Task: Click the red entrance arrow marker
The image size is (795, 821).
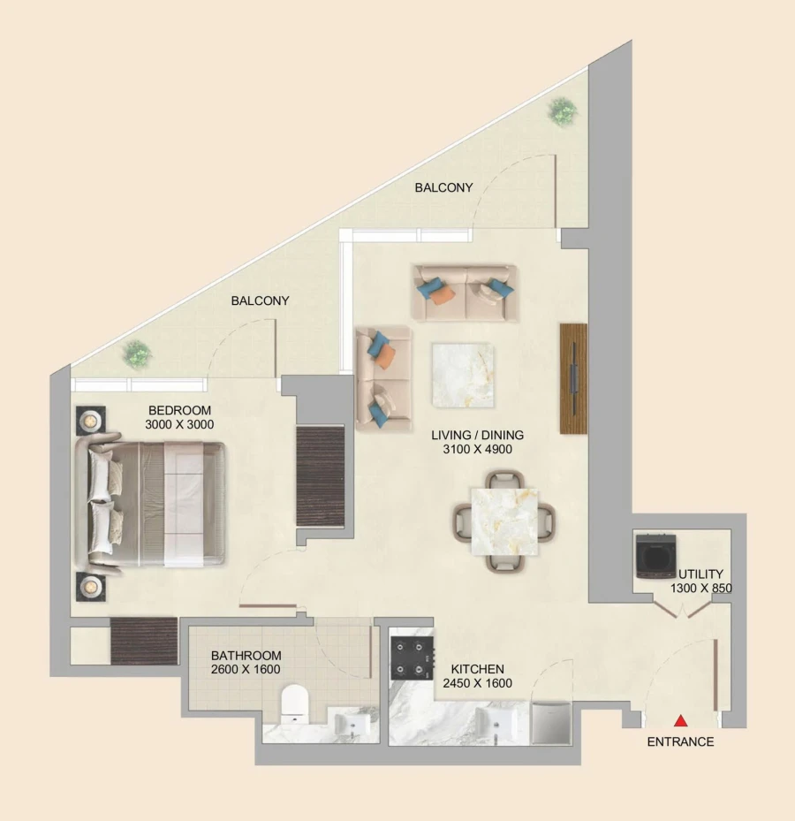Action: (680, 721)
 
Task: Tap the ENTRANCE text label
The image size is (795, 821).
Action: (680, 742)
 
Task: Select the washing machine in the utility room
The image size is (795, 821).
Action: (655, 556)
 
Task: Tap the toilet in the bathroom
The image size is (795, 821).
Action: (292, 704)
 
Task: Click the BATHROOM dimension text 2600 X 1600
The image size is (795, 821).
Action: (246, 670)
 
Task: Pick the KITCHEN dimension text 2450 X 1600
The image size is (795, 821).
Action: (477, 684)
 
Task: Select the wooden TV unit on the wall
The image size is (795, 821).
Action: (573, 378)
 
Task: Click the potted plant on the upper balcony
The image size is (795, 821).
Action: (562, 111)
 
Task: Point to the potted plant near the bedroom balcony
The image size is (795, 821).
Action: (137, 353)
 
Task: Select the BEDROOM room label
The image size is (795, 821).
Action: (180, 410)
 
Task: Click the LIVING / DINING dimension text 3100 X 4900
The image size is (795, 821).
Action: (477, 450)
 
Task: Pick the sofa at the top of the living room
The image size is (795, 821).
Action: (465, 293)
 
